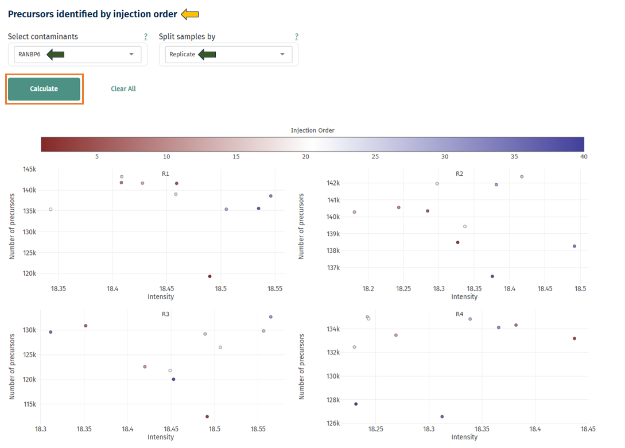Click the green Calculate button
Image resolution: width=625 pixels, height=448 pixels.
tap(44, 89)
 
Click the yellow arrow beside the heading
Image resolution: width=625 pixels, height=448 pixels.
tap(190, 14)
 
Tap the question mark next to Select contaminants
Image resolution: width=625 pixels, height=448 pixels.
tap(146, 37)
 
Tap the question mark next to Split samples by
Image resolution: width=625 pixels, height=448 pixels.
tap(297, 37)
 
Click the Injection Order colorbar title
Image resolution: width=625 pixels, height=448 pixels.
tap(312, 130)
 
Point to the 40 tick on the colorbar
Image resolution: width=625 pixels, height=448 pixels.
tap(584, 156)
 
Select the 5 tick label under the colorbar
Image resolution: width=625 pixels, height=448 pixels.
tap(97, 156)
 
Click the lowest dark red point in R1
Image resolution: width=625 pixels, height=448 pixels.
tap(209, 276)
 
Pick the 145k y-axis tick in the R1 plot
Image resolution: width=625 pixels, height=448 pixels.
tap(29, 169)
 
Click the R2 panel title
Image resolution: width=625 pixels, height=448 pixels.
tap(459, 173)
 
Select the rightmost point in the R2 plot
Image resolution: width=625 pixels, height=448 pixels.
tap(574, 246)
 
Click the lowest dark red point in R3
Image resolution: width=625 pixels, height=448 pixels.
tap(207, 416)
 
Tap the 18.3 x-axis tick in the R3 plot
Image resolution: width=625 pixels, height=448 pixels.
tap(41, 428)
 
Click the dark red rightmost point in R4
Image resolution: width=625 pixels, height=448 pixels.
tap(574, 338)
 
